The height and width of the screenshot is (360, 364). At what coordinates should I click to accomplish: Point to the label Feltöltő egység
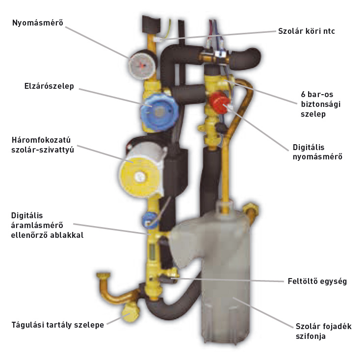tap(317, 282)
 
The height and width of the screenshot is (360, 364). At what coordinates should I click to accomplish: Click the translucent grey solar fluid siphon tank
tap(231, 275)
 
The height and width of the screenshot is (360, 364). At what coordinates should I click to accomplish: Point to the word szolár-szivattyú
tap(43, 150)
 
